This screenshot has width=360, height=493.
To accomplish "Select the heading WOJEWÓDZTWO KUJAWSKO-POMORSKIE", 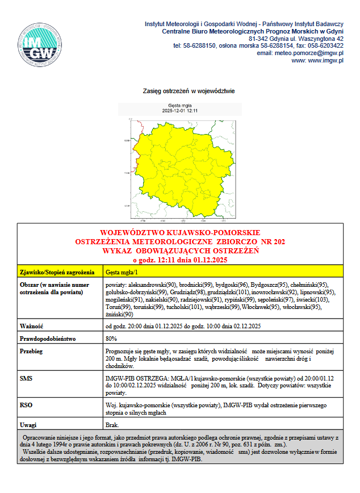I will click(180, 233).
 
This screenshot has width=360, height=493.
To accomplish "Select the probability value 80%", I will click(112, 339).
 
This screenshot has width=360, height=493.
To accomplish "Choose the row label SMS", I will click(26, 377).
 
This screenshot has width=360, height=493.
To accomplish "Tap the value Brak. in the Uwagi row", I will click(112, 425).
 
